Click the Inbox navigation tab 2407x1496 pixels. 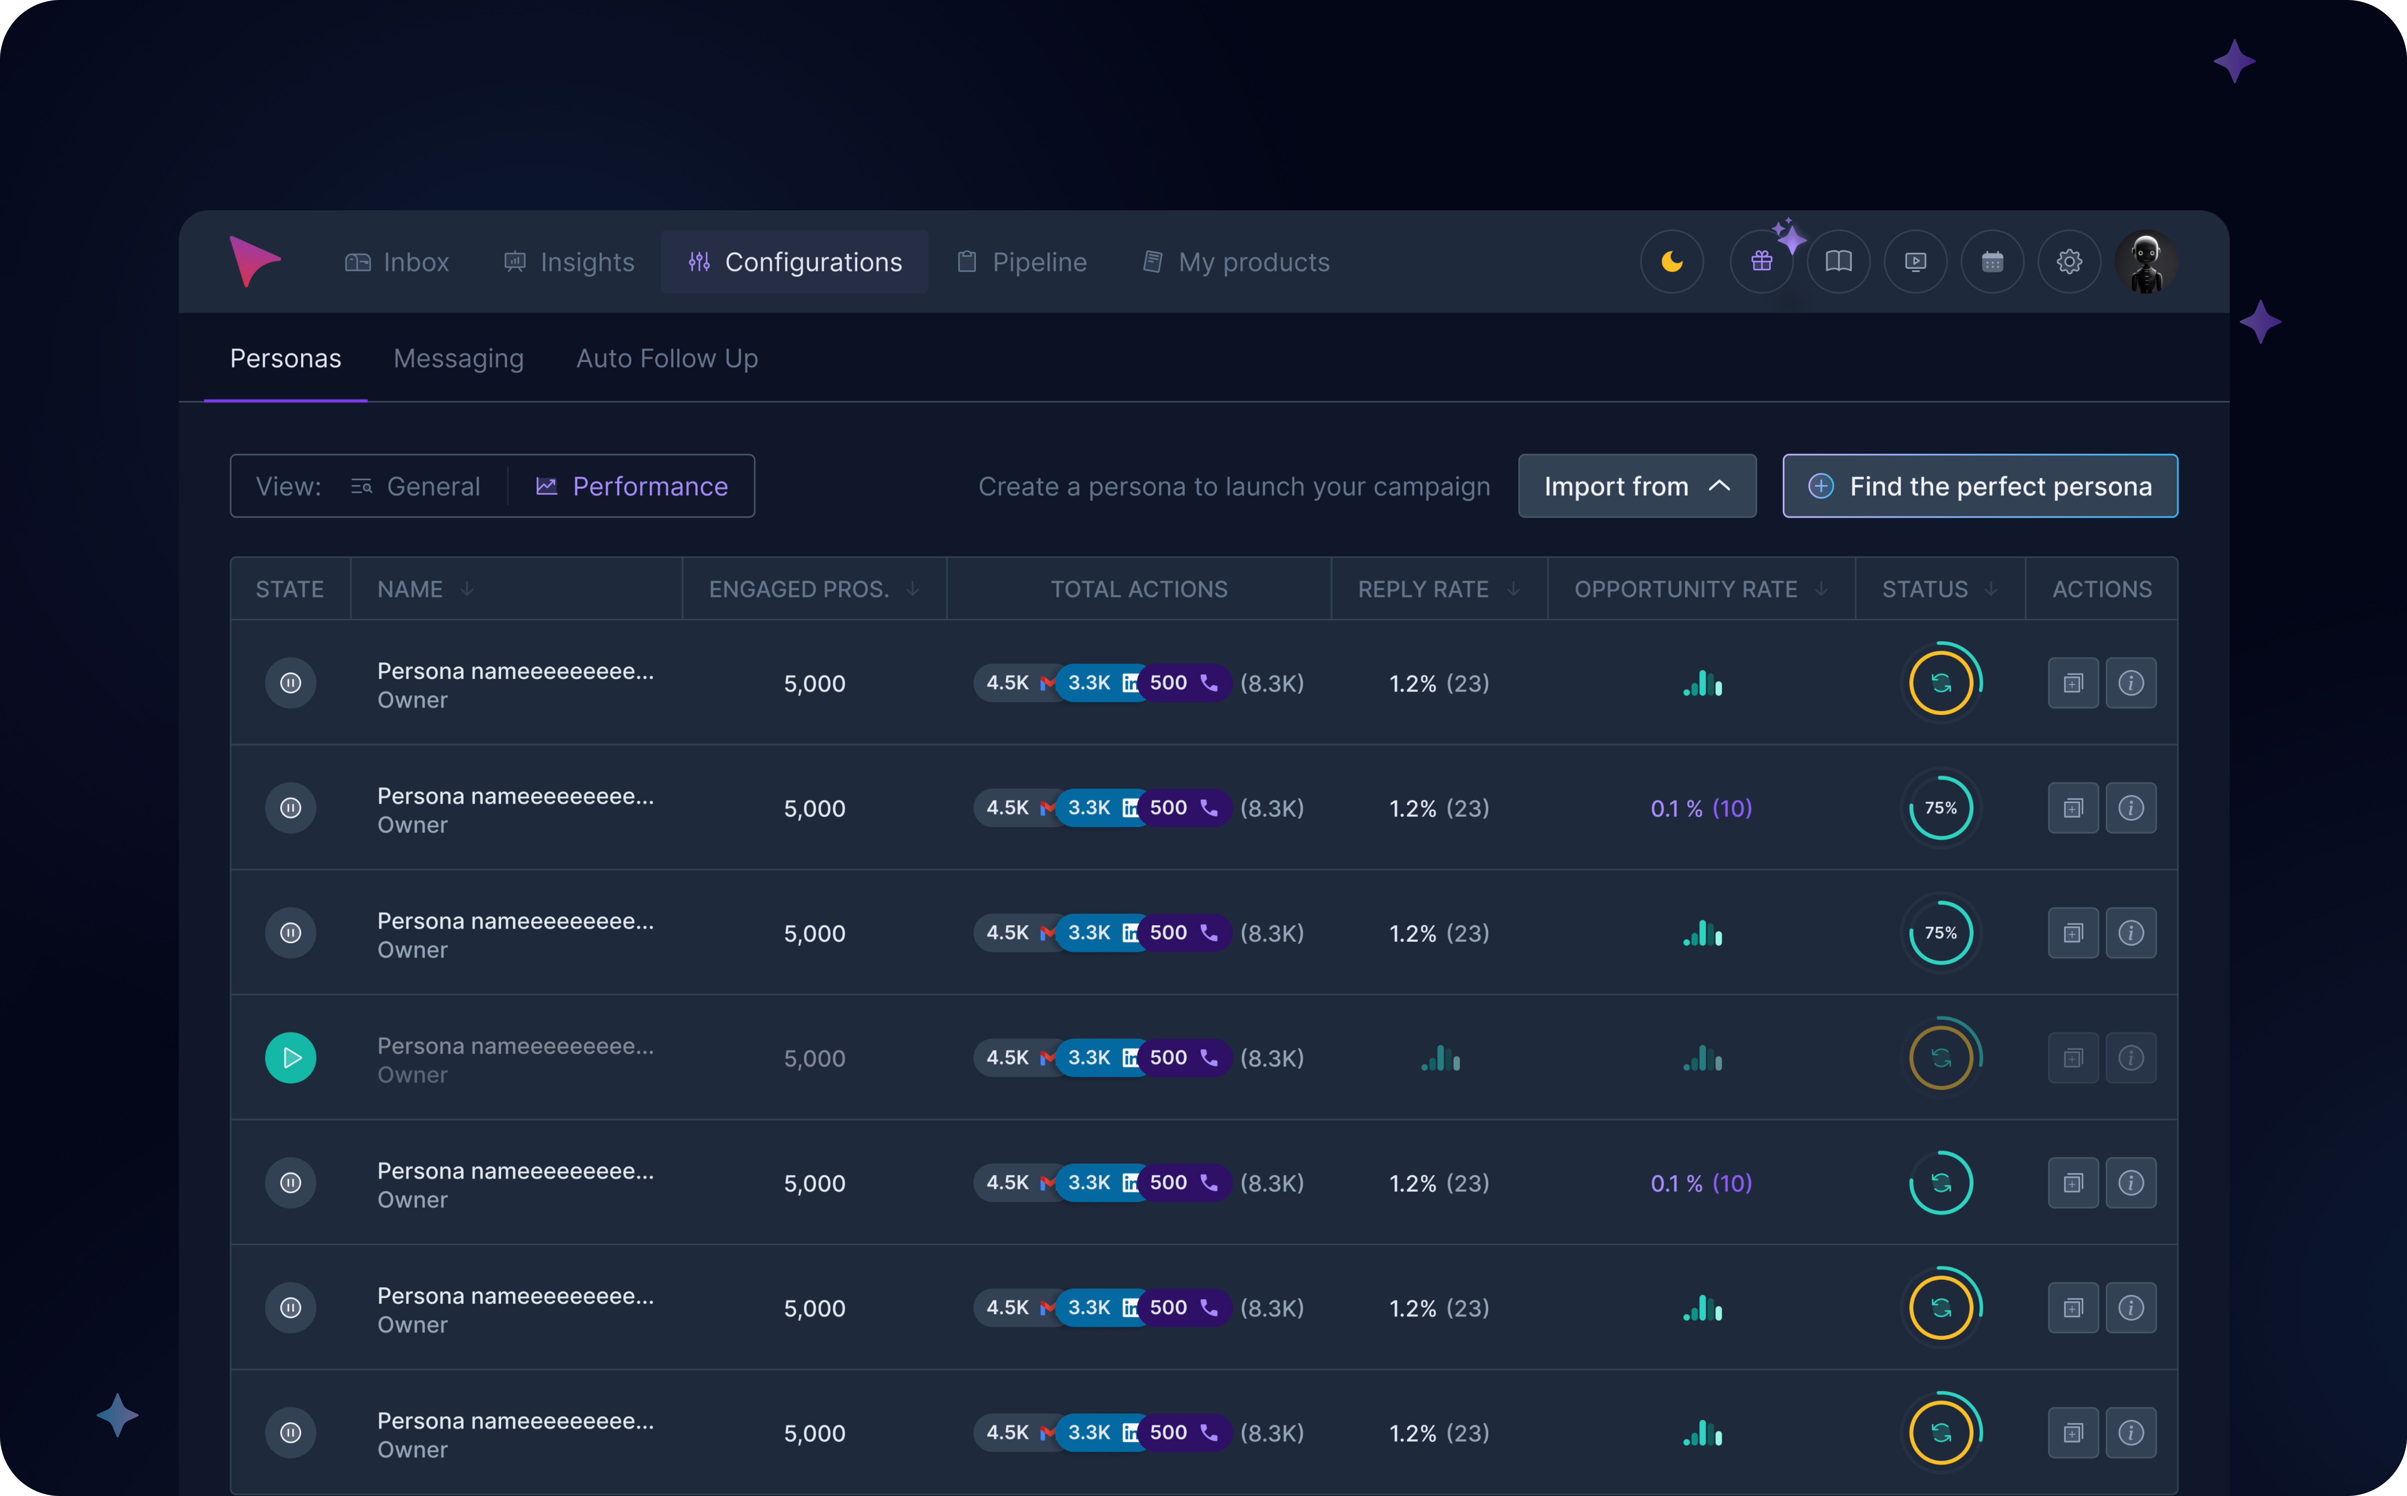[397, 262]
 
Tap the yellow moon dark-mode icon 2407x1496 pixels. [1672, 262]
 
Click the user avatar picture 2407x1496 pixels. [2146, 262]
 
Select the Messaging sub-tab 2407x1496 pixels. [458, 358]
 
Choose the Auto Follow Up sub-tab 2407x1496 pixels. [667, 358]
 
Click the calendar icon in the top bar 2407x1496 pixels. [1992, 262]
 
